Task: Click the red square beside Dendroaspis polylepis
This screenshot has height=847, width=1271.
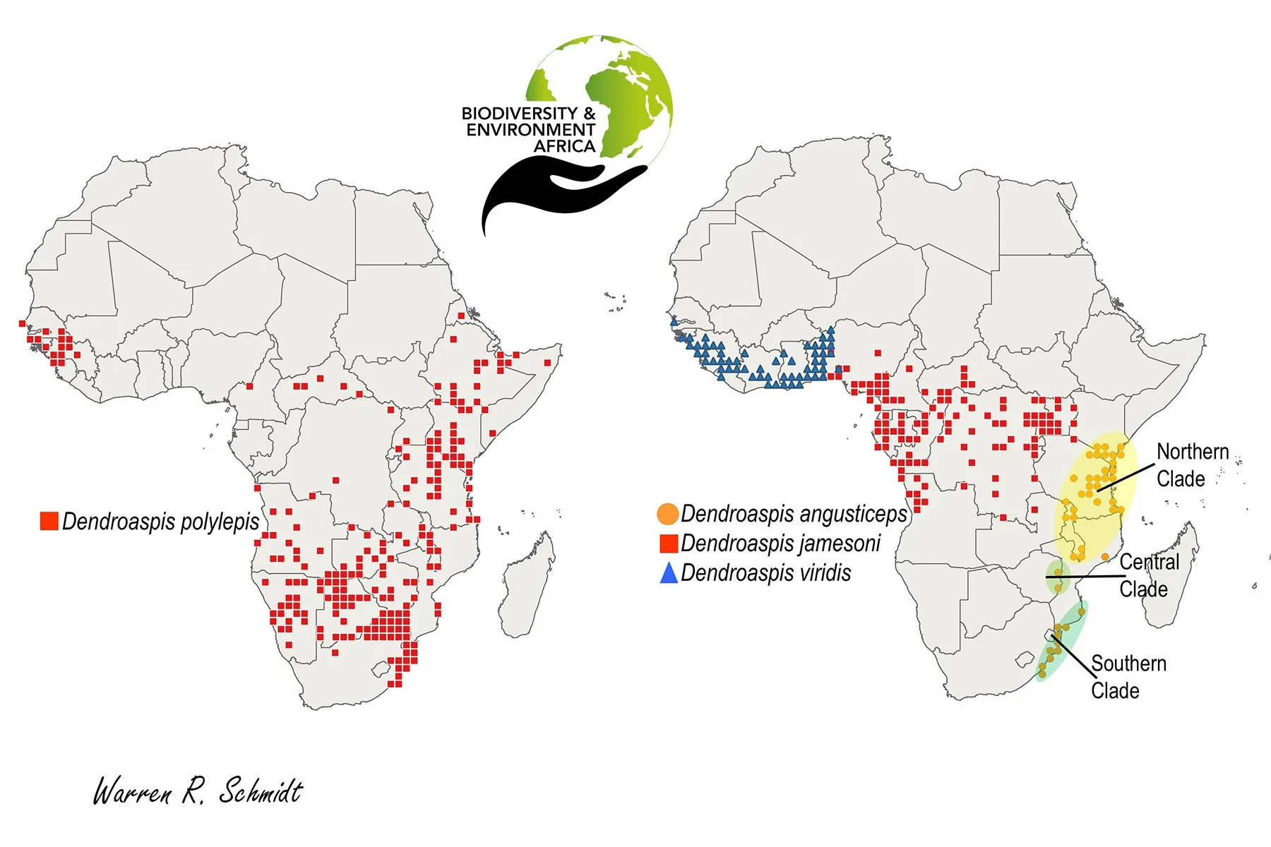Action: pos(49,521)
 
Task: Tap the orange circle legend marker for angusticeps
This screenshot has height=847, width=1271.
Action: pos(667,514)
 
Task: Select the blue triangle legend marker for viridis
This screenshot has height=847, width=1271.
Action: pos(668,573)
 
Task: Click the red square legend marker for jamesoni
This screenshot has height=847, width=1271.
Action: pos(668,543)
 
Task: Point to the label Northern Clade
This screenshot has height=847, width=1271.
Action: pos(1192,465)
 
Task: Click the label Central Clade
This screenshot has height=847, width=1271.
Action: pos(1148,575)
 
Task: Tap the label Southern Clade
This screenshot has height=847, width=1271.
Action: pos(1128,676)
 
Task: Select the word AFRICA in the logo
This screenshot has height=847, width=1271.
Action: pos(564,146)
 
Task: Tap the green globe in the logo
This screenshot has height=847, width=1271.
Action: pos(621,92)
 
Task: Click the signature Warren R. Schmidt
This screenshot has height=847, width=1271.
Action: pos(198,791)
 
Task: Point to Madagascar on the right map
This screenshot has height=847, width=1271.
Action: pos(1172,575)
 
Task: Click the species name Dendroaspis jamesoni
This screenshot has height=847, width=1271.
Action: pos(780,543)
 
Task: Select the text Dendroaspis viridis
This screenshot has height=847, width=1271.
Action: pos(765,573)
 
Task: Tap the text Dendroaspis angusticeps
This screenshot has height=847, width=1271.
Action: pos(794,514)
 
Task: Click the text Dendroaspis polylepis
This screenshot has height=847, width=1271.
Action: pos(161,521)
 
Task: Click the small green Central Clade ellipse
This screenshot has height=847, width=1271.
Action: pos(1056,577)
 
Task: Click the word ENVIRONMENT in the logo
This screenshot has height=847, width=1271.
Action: pos(530,130)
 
